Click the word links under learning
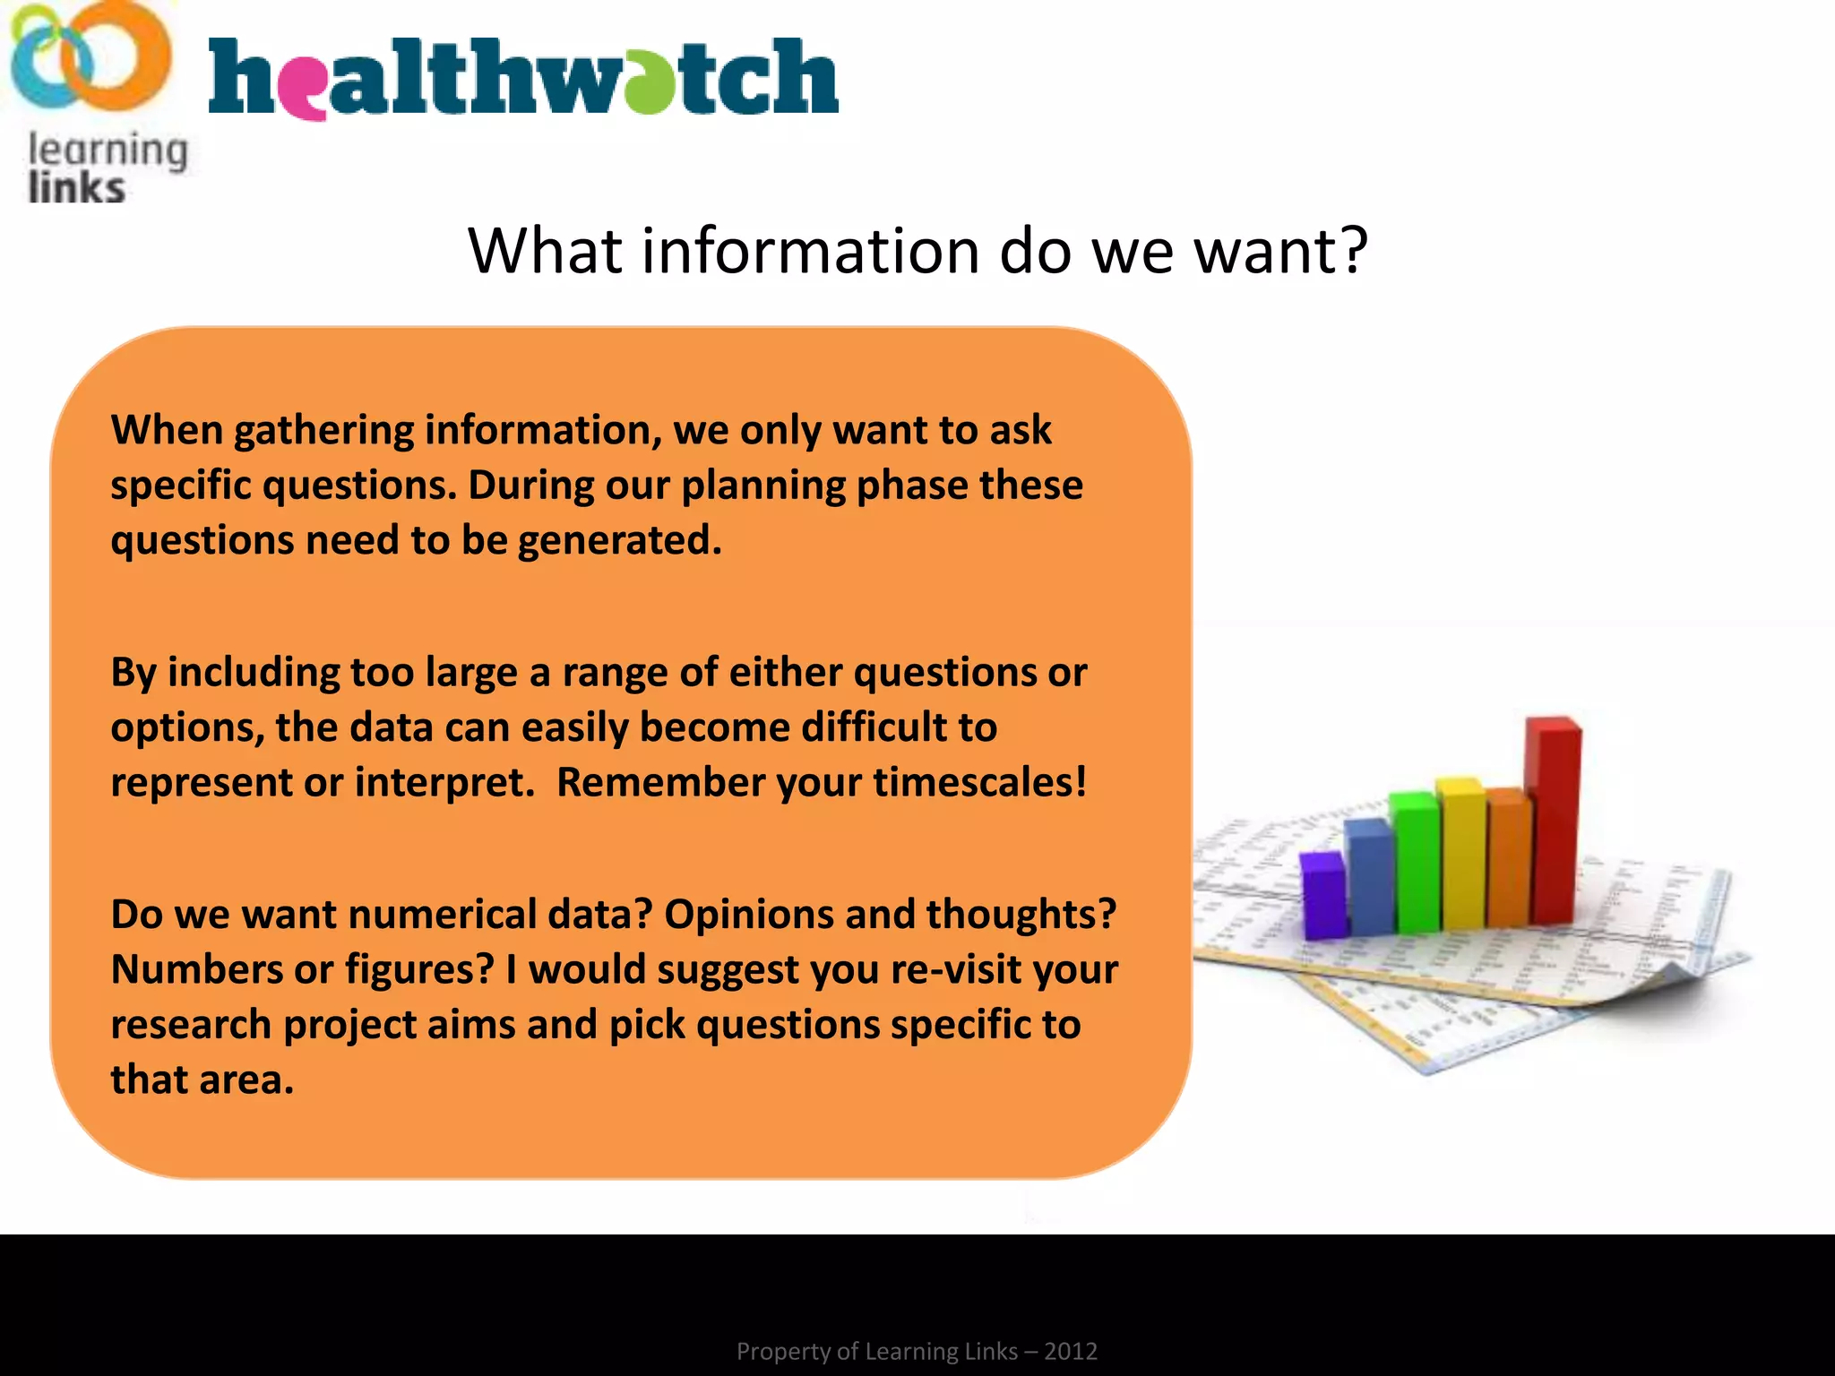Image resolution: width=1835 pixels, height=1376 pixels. [76, 188]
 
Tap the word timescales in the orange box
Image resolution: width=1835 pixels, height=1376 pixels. [978, 783]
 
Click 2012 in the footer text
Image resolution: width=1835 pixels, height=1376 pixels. [1071, 1351]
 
